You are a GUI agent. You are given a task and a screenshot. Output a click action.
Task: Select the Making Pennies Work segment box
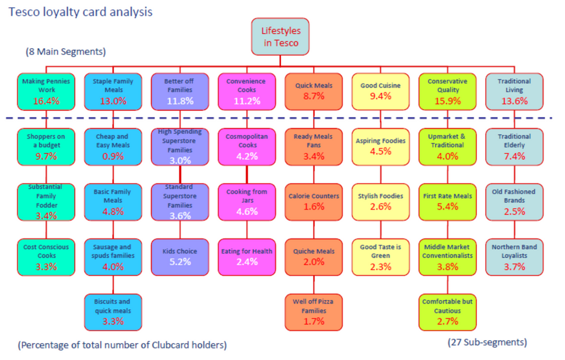[x=46, y=92]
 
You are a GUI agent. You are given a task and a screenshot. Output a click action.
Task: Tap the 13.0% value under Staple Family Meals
[x=113, y=101]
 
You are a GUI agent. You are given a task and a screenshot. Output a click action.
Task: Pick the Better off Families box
[x=180, y=92]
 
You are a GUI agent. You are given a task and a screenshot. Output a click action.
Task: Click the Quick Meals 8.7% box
[x=314, y=92]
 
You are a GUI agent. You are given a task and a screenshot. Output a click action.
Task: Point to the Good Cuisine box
[x=380, y=92]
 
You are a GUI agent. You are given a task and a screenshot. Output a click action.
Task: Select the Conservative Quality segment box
[x=447, y=92]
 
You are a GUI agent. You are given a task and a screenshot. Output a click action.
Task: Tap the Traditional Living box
[x=514, y=92]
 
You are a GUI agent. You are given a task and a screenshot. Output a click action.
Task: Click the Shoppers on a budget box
[x=46, y=146]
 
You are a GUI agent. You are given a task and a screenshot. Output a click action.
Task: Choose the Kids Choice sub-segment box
[x=180, y=257]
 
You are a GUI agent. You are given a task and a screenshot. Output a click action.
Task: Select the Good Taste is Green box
[x=380, y=257]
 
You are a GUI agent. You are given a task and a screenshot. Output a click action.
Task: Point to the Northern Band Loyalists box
[x=514, y=257]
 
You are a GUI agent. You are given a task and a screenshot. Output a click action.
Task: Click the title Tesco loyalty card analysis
[x=80, y=11]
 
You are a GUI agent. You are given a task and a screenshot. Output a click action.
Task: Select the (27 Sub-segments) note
[x=487, y=342]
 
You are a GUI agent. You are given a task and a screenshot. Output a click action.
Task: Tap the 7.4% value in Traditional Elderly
[x=514, y=156]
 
